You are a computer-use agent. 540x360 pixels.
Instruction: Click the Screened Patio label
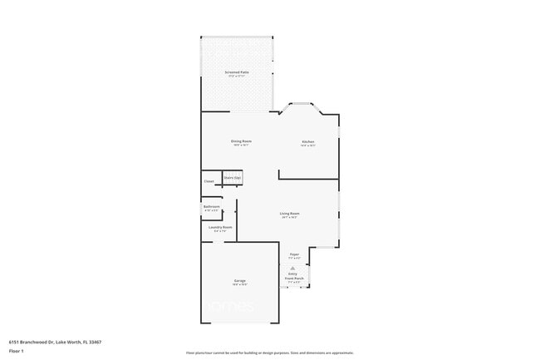pyautogui.click(x=236, y=72)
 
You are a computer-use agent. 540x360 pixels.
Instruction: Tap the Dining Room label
pyautogui.click(x=241, y=141)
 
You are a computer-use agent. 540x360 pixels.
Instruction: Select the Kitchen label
pyautogui.click(x=307, y=142)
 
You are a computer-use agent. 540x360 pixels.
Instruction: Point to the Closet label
pyautogui.click(x=209, y=180)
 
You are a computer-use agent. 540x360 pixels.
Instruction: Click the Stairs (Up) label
pyautogui.click(x=233, y=178)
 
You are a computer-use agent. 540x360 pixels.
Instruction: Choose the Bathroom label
pyautogui.click(x=211, y=206)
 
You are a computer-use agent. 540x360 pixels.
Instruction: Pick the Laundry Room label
pyautogui.click(x=220, y=227)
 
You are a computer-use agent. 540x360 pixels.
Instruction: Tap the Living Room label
pyautogui.click(x=289, y=214)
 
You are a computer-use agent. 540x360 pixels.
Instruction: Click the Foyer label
pyautogui.click(x=294, y=254)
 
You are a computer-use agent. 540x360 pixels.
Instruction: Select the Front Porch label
pyautogui.click(x=294, y=278)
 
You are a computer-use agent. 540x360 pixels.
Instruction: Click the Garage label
pyautogui.click(x=239, y=281)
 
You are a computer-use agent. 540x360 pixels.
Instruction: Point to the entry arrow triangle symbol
pyautogui.click(x=293, y=267)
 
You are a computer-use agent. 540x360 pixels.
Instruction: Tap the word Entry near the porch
pyautogui.click(x=293, y=273)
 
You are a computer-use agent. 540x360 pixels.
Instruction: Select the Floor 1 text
pyautogui.click(x=17, y=351)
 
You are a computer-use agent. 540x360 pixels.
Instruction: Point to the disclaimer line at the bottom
pyautogui.click(x=270, y=353)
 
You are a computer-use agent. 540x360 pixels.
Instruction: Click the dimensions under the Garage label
pyautogui.click(x=239, y=285)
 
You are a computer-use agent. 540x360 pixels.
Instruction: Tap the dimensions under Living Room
pyautogui.click(x=289, y=218)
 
